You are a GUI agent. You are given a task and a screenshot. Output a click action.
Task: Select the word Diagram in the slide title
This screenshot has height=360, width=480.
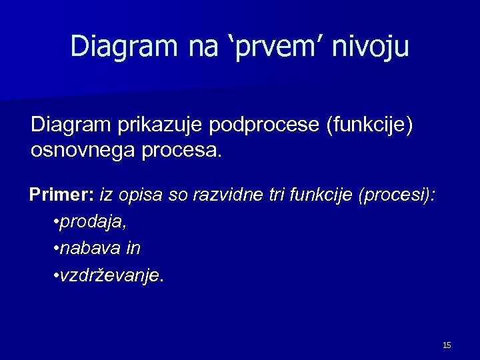point(119,47)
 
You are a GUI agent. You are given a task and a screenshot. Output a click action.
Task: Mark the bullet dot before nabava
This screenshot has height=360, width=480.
point(55,249)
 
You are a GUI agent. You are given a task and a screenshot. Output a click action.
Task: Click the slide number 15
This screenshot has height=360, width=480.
point(447,345)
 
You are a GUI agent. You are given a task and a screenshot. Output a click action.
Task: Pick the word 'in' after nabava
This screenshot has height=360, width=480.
point(133,249)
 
